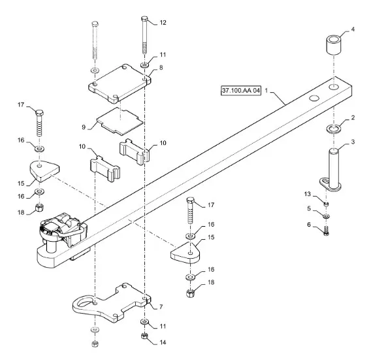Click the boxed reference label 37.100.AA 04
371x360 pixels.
(x=241, y=90)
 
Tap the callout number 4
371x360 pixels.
(x=353, y=29)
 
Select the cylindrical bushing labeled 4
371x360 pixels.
(x=333, y=45)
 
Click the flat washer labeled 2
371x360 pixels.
(x=334, y=129)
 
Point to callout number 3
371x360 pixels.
(x=353, y=142)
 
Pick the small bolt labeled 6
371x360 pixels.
(x=326, y=231)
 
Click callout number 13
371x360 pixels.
(x=307, y=194)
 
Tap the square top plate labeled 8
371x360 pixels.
(x=120, y=84)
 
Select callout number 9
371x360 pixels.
(x=84, y=127)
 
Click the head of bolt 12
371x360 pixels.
(x=145, y=18)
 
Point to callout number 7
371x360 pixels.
(x=161, y=306)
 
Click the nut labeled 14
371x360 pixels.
(x=144, y=336)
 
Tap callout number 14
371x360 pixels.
(x=163, y=342)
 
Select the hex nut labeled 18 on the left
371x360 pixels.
(x=39, y=208)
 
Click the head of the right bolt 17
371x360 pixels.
(x=191, y=201)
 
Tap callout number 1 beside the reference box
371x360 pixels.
(x=266, y=91)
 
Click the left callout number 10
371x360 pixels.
(x=82, y=147)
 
